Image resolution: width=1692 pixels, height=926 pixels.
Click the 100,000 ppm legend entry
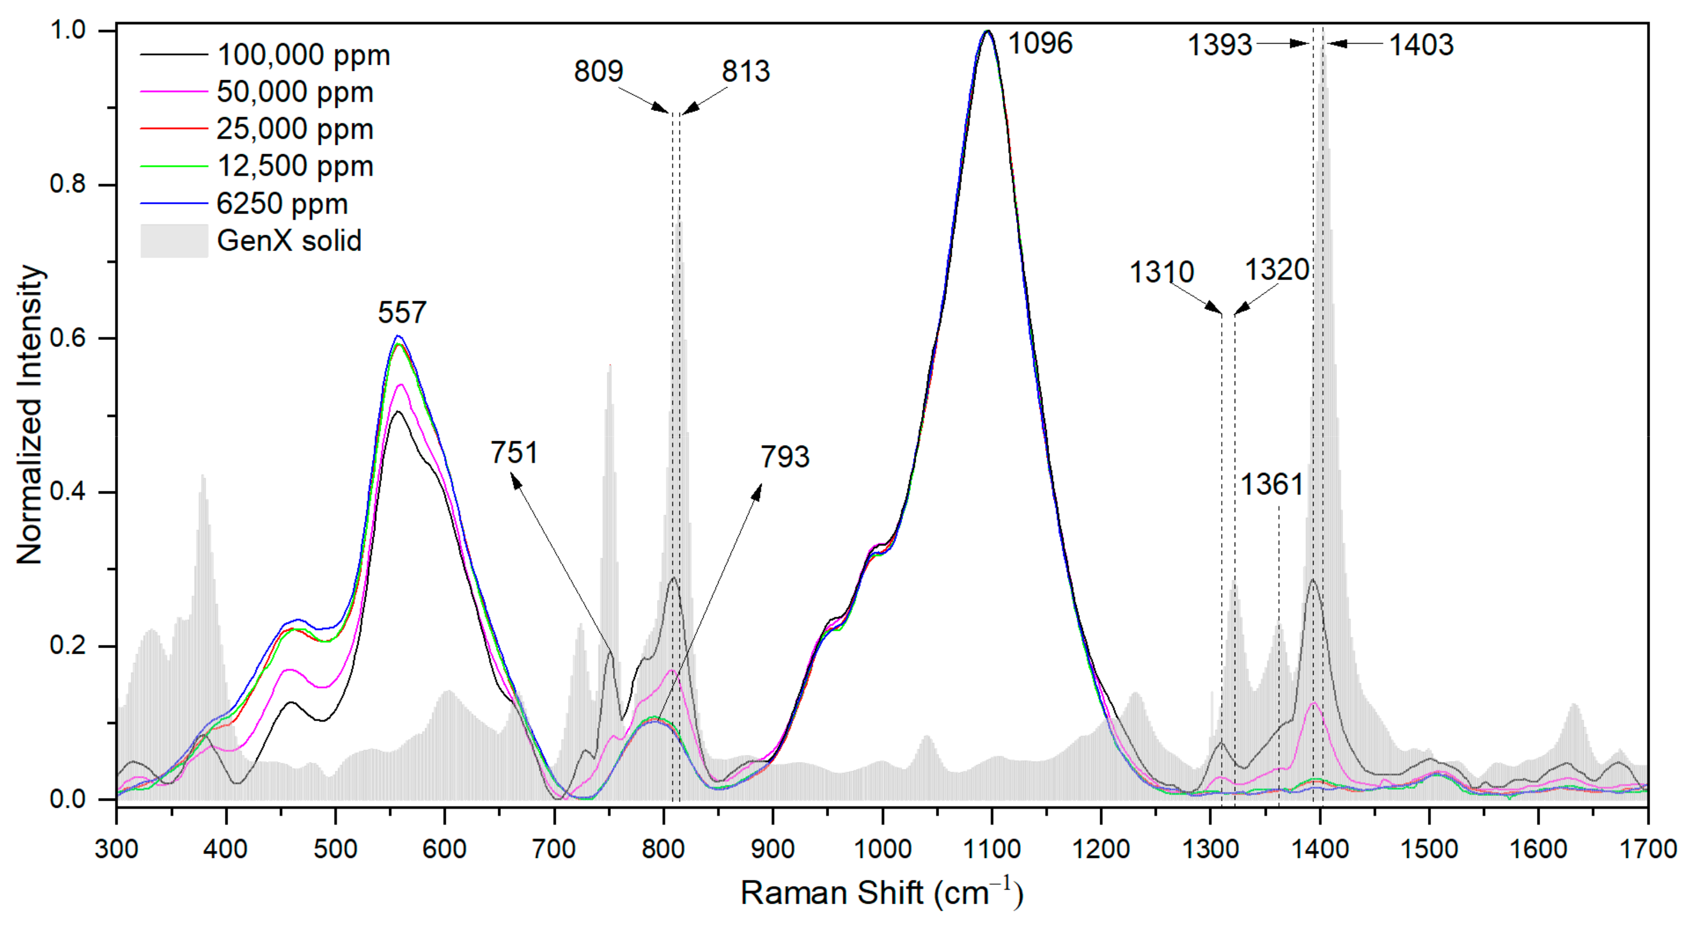(303, 55)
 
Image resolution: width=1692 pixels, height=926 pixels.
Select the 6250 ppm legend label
(282, 204)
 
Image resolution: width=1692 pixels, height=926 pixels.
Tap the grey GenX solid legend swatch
(174, 241)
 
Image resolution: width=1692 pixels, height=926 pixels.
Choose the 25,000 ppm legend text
(295, 130)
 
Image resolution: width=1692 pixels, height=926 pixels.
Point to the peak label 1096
(1040, 44)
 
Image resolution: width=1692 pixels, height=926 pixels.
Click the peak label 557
(402, 313)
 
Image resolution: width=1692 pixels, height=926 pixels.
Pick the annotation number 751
(514, 453)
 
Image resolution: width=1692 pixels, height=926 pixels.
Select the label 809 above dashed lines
(598, 71)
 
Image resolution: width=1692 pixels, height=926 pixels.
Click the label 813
(745, 71)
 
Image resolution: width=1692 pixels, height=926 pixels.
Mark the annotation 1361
(1272, 485)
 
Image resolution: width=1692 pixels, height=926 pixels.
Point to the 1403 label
(1421, 45)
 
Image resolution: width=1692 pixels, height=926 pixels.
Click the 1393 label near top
(1220, 45)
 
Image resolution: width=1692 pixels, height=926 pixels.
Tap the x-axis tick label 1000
(882, 849)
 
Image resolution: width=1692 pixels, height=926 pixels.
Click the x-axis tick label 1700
(1647, 849)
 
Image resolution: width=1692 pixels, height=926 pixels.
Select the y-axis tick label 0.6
(68, 338)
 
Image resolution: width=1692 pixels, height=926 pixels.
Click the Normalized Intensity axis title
(29, 414)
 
